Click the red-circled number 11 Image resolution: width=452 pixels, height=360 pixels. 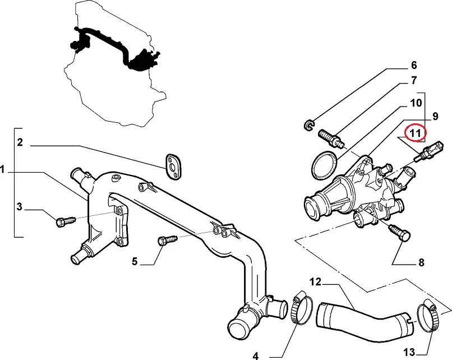[416, 133]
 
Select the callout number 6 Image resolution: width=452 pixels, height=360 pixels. [414, 64]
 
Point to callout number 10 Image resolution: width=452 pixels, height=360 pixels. [415, 103]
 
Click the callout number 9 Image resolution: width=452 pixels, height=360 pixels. [434, 117]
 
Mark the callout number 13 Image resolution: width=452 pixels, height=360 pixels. [409, 352]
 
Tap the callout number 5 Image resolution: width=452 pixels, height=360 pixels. [135, 260]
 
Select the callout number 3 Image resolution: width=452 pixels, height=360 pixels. [19, 207]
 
